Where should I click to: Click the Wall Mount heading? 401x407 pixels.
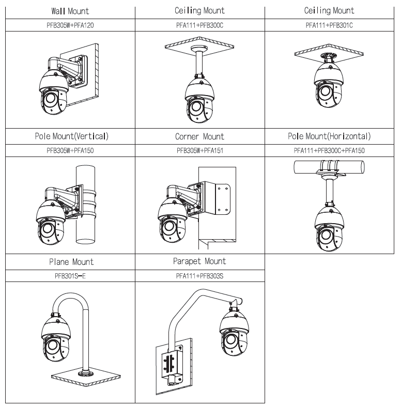click(70, 11)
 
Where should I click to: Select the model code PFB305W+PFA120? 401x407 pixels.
click(70, 24)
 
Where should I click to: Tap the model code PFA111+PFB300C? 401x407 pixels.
click(199, 24)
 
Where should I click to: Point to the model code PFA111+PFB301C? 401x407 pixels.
click(329, 24)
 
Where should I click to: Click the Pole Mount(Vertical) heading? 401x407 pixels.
click(70, 136)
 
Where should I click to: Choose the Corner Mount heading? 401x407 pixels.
click(199, 137)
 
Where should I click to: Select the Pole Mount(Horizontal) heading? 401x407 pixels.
click(329, 136)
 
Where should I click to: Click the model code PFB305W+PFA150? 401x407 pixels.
click(70, 150)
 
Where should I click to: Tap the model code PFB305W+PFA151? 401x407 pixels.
click(199, 150)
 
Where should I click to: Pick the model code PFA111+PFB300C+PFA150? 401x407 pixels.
click(329, 150)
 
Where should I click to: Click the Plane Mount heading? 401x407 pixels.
click(70, 262)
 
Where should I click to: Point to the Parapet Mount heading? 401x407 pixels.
click(199, 261)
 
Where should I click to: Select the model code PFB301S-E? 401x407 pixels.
click(70, 276)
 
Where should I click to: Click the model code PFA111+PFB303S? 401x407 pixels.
click(199, 276)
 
